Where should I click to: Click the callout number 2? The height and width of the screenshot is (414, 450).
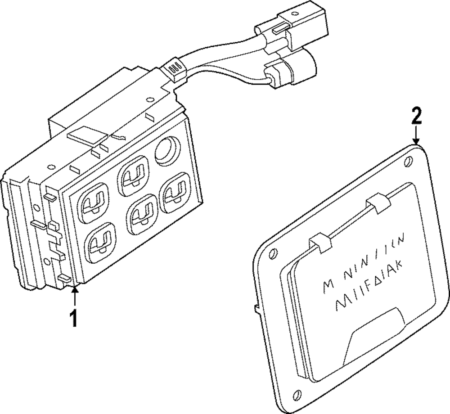click(417, 117)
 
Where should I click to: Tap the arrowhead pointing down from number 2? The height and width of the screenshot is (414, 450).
click(417, 141)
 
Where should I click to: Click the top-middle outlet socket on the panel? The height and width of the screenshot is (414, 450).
click(134, 175)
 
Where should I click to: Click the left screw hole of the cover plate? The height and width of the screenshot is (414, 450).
click(272, 254)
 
